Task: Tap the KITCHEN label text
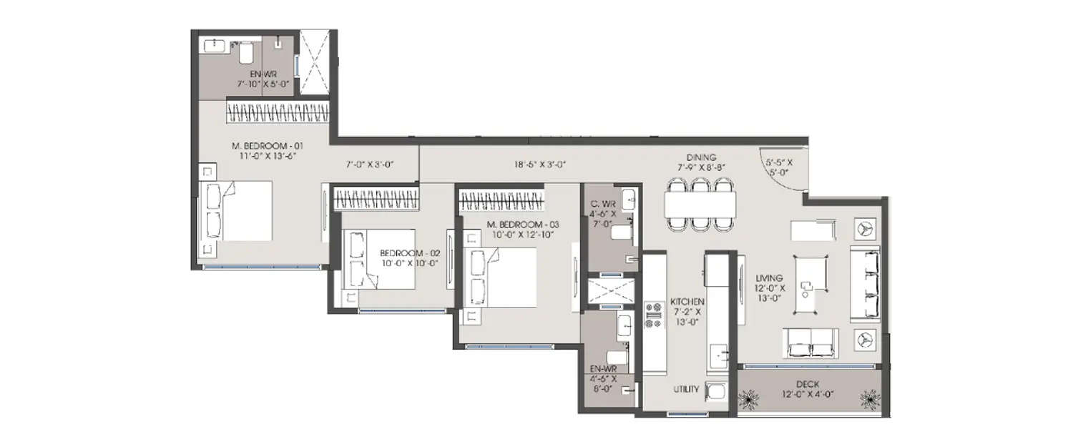click(x=687, y=302)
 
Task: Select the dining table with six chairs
click(x=700, y=205)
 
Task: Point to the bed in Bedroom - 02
click(x=379, y=259)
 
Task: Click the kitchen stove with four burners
click(x=654, y=315)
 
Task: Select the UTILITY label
click(x=686, y=390)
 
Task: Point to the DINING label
click(x=700, y=157)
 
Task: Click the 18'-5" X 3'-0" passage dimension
click(x=540, y=164)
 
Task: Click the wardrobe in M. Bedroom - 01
click(x=277, y=112)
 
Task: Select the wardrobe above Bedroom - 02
click(x=376, y=199)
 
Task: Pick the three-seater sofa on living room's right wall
click(x=864, y=284)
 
